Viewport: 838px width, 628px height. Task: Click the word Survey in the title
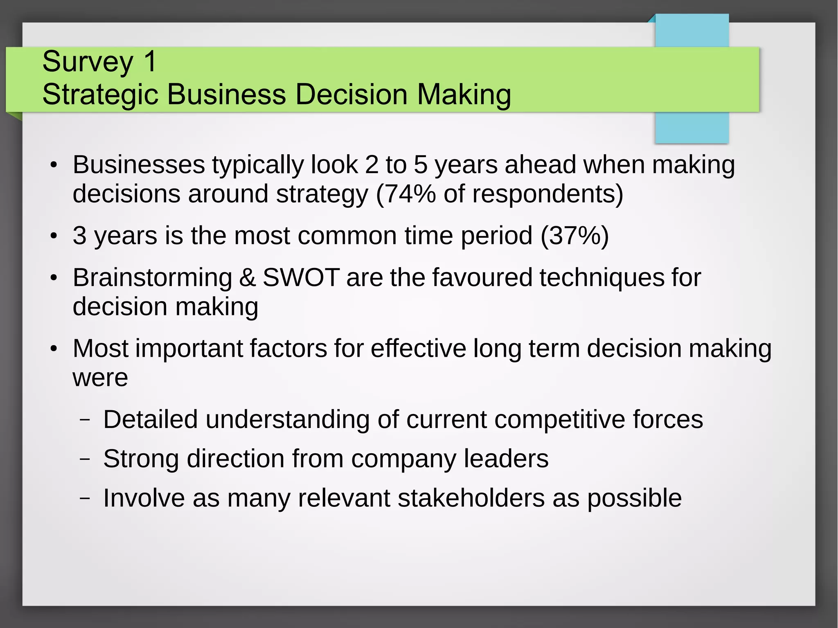88,61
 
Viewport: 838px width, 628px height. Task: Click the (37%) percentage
575,236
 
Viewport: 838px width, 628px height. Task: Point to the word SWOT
301,277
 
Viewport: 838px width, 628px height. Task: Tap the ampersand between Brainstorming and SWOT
247,277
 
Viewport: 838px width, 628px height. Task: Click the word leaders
506,459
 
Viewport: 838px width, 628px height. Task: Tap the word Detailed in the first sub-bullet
150,419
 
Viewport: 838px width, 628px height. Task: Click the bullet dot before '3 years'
54,236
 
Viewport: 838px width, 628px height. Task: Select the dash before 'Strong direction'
85,459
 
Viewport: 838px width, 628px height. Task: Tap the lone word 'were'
100,378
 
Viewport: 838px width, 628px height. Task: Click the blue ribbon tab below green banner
692,128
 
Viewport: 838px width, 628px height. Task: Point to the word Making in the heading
464,94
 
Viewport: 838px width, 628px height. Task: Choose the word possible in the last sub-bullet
635,499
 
